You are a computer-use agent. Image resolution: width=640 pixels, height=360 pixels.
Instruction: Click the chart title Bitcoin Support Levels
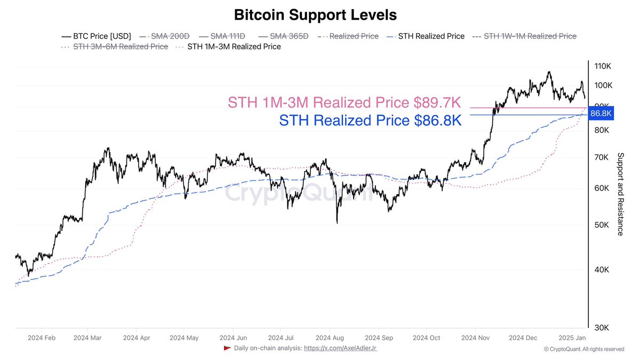pyautogui.click(x=316, y=14)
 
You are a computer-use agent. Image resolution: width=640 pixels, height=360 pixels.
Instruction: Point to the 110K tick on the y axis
pyautogui.click(x=602, y=66)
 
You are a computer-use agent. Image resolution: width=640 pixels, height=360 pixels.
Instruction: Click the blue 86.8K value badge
pyautogui.click(x=601, y=114)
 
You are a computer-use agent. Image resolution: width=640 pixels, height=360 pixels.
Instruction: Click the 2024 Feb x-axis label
pyautogui.click(x=41, y=338)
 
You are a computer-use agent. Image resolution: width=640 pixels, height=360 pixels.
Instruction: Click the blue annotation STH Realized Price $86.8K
pyautogui.click(x=370, y=120)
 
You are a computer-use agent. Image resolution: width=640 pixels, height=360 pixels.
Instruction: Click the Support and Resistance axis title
pyautogui.click(x=620, y=194)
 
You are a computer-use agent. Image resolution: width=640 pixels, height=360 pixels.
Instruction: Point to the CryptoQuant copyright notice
pyautogui.click(x=583, y=349)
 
